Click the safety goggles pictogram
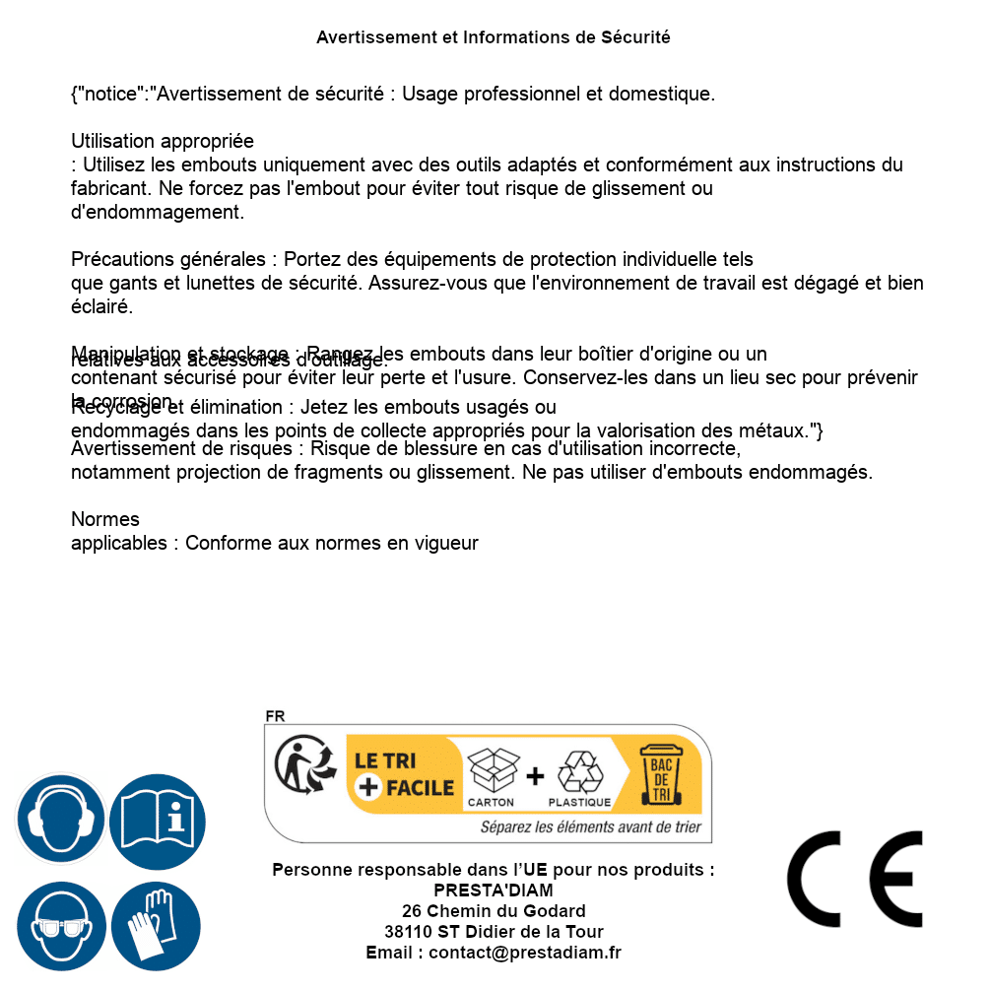pos(60,927)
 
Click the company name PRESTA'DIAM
pos(494,891)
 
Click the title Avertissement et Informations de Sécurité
pos(494,37)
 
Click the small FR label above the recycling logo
pos(275,716)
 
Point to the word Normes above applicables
pos(105,519)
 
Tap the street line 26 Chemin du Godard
pos(494,911)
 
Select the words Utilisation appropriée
pos(163,141)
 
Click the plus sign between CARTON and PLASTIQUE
pos(535,776)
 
